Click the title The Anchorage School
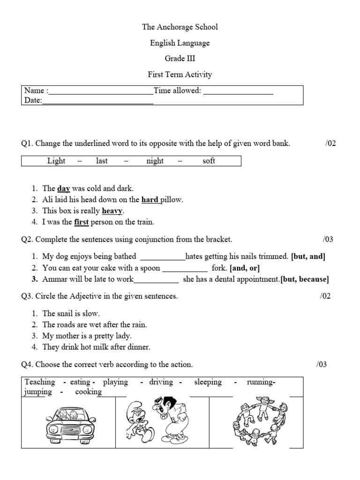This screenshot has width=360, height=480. [180, 27]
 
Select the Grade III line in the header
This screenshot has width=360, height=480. [180, 59]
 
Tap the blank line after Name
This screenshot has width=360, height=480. [101, 91]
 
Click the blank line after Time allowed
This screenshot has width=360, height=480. [238, 91]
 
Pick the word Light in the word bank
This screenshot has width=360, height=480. [56, 161]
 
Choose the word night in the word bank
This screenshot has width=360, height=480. [155, 161]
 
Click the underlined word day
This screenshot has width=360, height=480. [63, 188]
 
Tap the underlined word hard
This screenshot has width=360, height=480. [150, 200]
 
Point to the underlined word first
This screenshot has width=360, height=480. [81, 222]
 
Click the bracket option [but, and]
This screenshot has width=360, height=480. [308, 256]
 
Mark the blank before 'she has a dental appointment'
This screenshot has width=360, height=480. [156, 280]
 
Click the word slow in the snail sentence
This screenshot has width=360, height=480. [92, 314]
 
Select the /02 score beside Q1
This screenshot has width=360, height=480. [330, 144]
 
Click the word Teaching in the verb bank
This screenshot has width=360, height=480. [40, 382]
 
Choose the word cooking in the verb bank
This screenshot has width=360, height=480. [88, 392]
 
